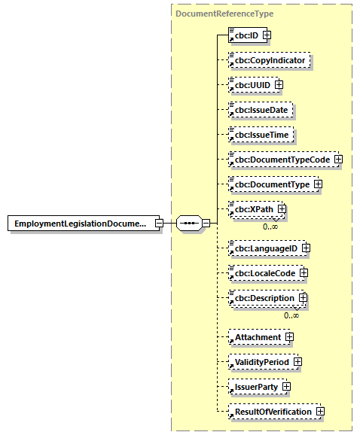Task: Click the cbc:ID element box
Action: [x=244, y=35]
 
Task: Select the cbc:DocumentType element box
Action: [x=270, y=184]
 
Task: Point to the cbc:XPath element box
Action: [x=252, y=208]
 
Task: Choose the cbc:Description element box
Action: [x=262, y=298]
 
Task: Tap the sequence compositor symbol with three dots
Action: [x=188, y=224]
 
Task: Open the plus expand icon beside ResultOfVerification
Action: [x=320, y=412]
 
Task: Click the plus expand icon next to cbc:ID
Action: [x=267, y=35]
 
